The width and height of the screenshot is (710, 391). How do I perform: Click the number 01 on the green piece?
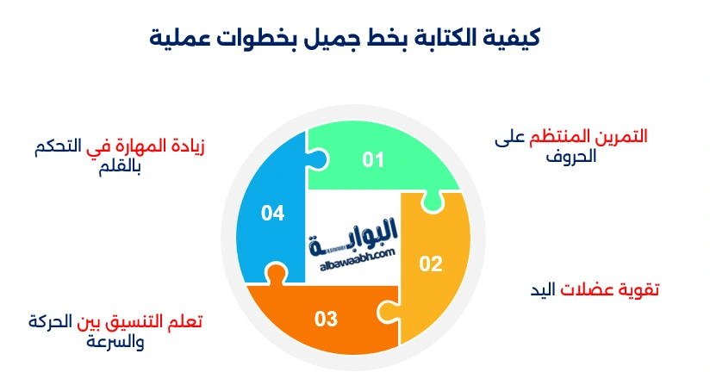click(372, 159)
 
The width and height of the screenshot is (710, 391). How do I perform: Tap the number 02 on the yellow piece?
click(430, 264)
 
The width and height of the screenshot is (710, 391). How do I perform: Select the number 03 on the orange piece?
click(326, 320)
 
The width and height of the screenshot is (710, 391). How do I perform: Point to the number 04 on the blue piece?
click(272, 213)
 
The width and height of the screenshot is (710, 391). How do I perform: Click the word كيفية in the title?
click(516, 38)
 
